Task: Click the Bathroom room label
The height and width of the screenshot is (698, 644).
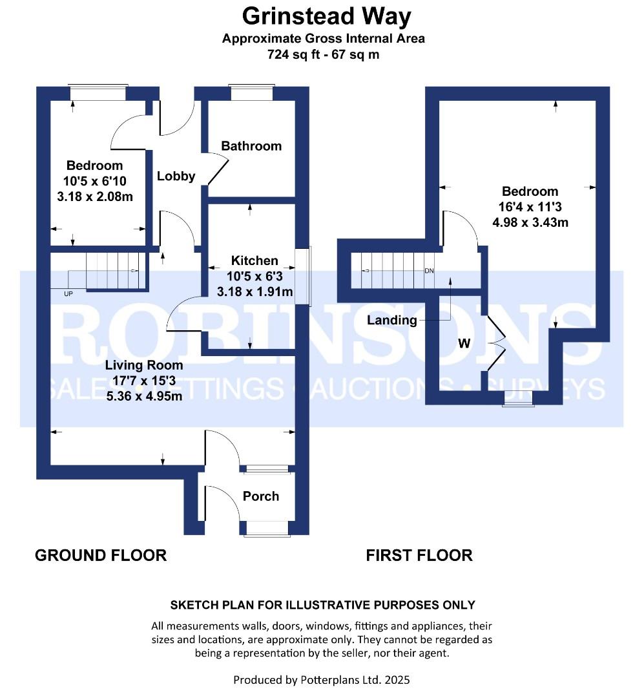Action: pyautogui.click(x=251, y=146)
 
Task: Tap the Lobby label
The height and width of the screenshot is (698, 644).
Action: pyautogui.click(x=176, y=176)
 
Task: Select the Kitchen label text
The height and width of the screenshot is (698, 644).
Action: pyautogui.click(x=254, y=261)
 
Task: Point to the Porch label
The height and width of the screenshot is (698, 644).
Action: pyautogui.click(x=261, y=496)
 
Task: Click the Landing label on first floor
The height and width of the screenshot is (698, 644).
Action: pyautogui.click(x=392, y=320)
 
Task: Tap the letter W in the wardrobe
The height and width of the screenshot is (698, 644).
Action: pyautogui.click(x=464, y=344)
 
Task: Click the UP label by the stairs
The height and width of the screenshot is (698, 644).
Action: pyautogui.click(x=68, y=294)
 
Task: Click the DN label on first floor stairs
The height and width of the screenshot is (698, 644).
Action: pyautogui.click(x=429, y=271)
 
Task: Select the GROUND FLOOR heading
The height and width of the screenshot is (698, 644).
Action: pyautogui.click(x=101, y=555)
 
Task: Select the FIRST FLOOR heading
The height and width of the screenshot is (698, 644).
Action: pyautogui.click(x=419, y=555)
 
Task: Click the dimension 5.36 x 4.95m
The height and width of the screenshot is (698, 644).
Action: pyautogui.click(x=144, y=396)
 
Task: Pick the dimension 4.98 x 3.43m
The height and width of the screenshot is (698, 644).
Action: pyautogui.click(x=530, y=223)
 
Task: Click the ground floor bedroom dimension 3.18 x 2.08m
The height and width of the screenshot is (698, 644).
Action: pyautogui.click(x=94, y=196)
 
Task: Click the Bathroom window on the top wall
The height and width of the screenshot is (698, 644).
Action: pyautogui.click(x=252, y=94)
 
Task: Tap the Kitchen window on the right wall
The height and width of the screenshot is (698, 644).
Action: pyautogui.click(x=303, y=276)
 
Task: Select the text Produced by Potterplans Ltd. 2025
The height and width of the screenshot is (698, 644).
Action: pyautogui.click(x=322, y=680)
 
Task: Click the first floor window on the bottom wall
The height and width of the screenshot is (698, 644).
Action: pyautogui.click(x=519, y=402)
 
